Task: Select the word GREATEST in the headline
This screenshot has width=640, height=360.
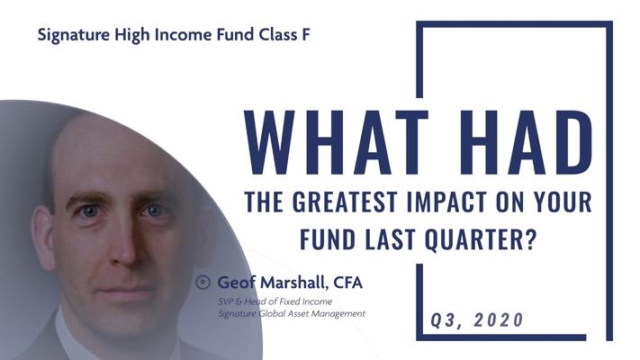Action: tap(345, 202)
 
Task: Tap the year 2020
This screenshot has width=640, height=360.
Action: tap(499, 319)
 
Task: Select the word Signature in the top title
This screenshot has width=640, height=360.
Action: tap(74, 35)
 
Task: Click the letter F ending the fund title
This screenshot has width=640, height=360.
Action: tap(306, 35)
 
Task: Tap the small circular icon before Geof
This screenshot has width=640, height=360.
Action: tap(203, 282)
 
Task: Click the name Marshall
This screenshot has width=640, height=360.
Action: tap(294, 283)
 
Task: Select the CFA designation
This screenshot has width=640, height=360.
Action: tap(347, 283)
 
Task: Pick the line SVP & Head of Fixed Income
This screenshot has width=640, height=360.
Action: tap(275, 301)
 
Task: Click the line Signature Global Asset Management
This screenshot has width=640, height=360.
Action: tap(292, 314)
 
